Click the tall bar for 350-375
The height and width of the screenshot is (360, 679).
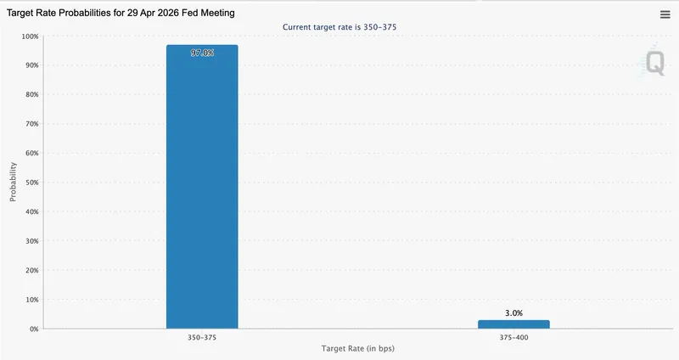tap(202, 187)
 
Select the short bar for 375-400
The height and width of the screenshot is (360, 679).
tap(513, 324)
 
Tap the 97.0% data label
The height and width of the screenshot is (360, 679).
tap(202, 53)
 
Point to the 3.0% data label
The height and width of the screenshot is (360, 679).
tap(513, 313)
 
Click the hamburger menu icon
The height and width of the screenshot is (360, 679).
tap(665, 14)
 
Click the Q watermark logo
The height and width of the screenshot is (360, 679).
tap(654, 63)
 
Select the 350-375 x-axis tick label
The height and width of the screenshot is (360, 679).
tap(202, 338)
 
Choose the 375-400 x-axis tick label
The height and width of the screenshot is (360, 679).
tap(513, 338)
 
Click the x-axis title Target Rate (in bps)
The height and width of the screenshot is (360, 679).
tap(357, 350)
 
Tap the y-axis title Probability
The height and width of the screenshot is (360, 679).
tap(14, 183)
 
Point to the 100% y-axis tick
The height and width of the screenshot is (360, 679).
tap(30, 37)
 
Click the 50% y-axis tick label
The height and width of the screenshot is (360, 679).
tap(31, 183)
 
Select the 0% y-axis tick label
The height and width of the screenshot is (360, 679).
tap(34, 329)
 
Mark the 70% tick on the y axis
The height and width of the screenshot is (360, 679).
tap(31, 124)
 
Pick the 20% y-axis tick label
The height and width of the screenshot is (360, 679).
tap(31, 270)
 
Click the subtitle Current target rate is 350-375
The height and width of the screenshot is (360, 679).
tap(339, 27)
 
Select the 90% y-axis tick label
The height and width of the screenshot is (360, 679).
tap(31, 65)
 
